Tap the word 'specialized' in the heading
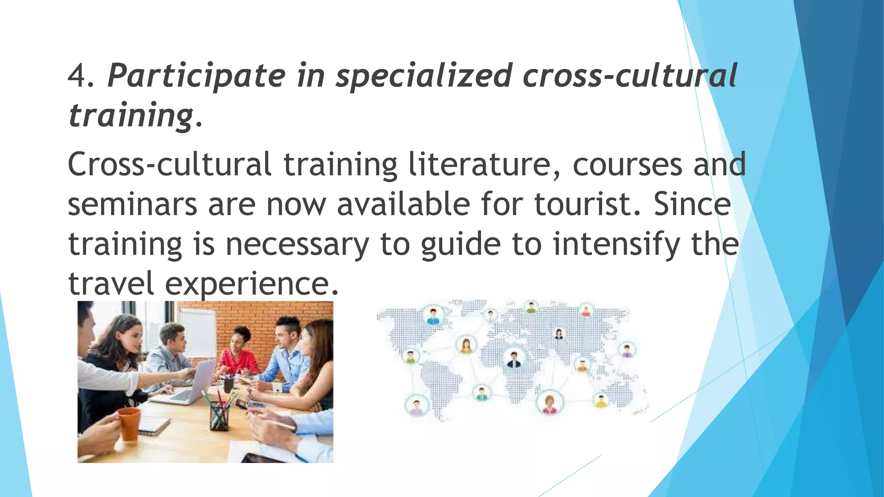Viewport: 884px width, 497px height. coord(423,76)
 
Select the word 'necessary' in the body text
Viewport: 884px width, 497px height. coord(297,244)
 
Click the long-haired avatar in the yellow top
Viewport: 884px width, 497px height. coord(466,346)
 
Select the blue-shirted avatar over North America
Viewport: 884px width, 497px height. coord(433,316)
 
